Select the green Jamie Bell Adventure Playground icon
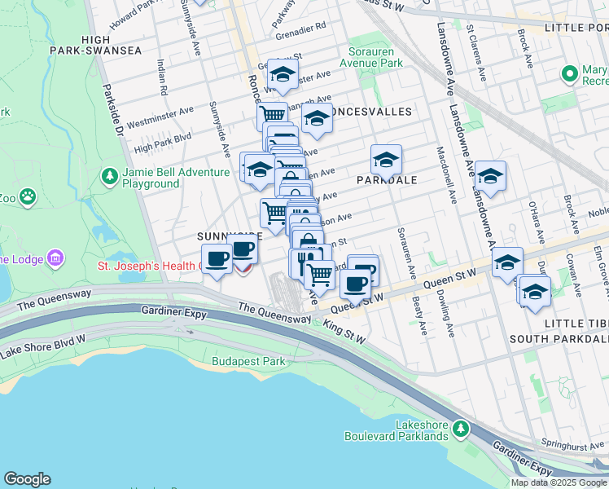108,176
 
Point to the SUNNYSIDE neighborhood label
230,236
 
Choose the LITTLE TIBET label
575,324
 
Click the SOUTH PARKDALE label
559,338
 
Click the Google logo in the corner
27,478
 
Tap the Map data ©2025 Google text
559,482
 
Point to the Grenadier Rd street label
300,26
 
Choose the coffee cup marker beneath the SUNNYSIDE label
217,259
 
